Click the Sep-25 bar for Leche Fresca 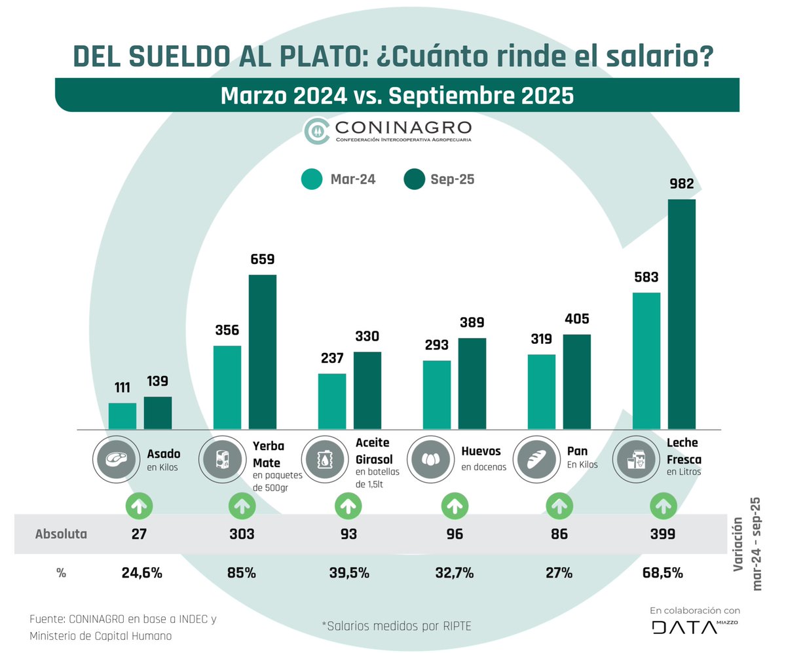click(681, 314)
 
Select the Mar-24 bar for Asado click(122, 416)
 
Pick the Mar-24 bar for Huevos click(437, 395)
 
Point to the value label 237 click(332, 359)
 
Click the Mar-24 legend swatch click(312, 179)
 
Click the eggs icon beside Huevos click(428, 459)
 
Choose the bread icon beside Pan click(533, 459)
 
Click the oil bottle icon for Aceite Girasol click(322, 459)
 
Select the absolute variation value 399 click(663, 534)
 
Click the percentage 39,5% click(348, 573)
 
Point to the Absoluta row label click(61, 534)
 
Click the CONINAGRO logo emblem click(318, 131)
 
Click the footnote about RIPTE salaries click(396, 626)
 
